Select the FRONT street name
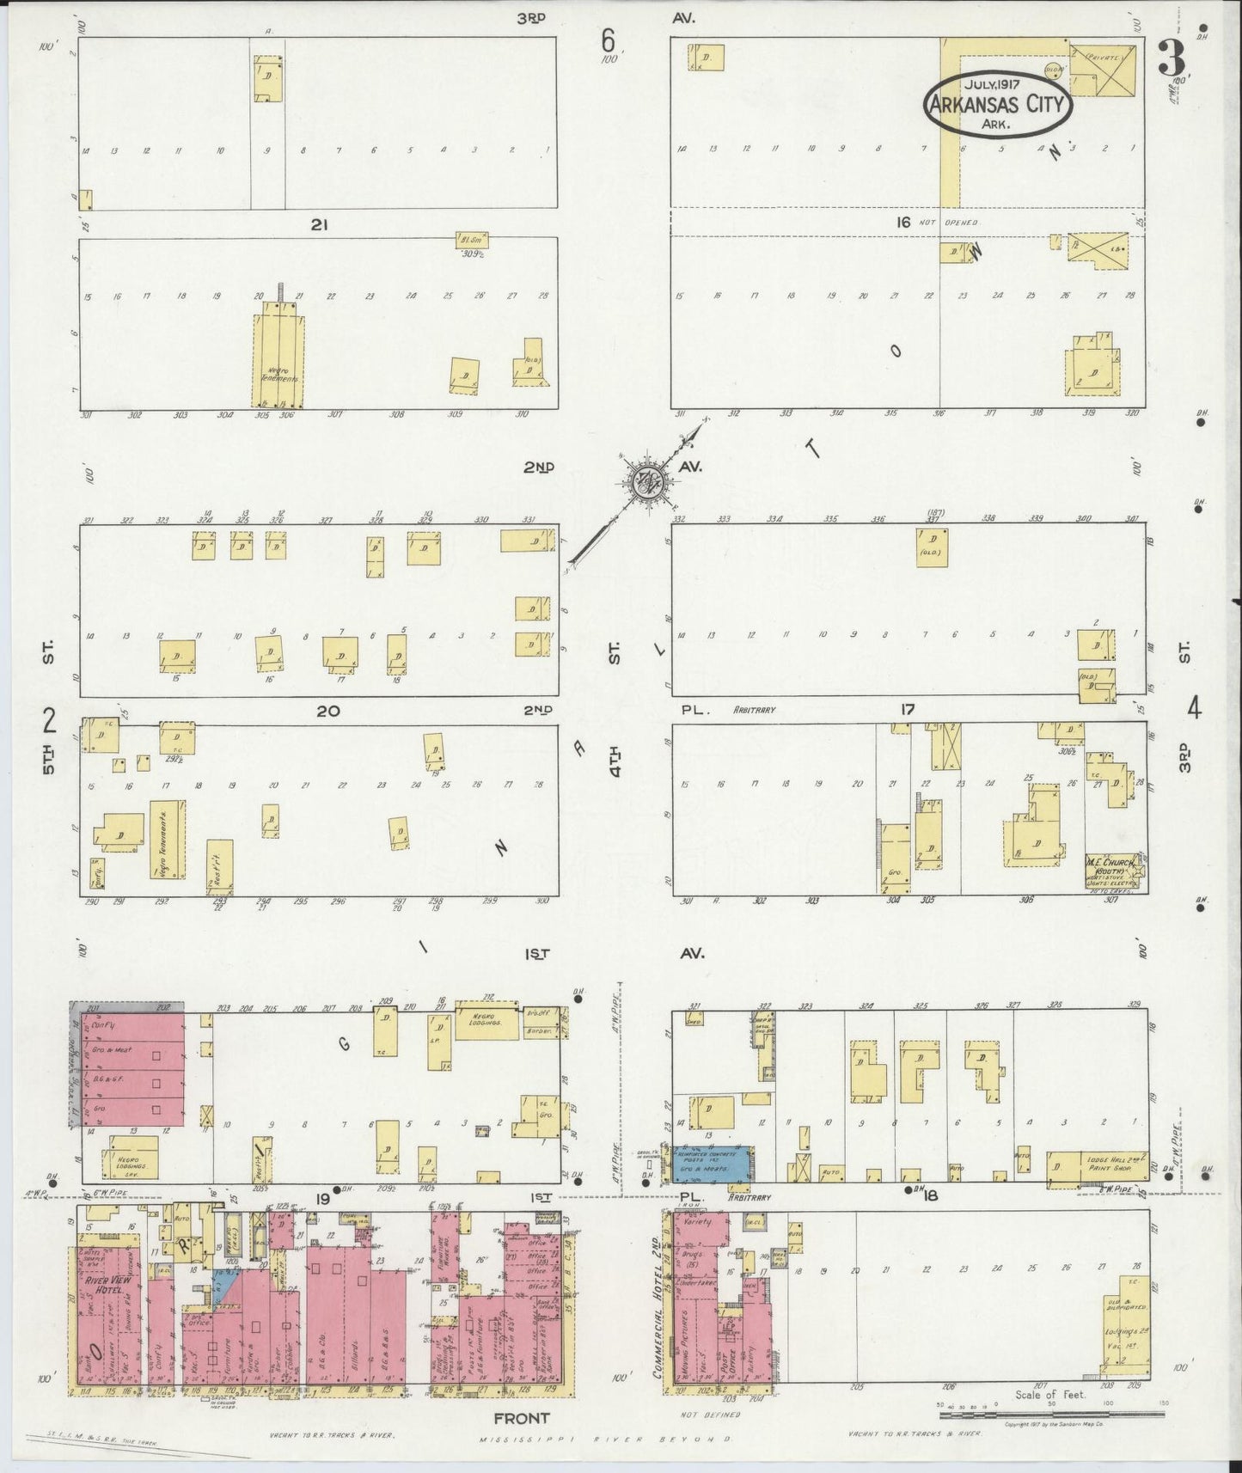point(521,1418)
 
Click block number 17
point(908,710)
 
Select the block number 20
point(327,711)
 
